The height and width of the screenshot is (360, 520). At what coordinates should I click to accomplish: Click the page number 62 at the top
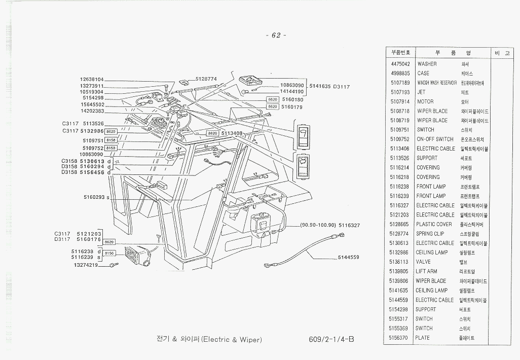click(x=276, y=35)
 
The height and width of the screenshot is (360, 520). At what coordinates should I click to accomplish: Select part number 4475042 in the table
click(x=400, y=64)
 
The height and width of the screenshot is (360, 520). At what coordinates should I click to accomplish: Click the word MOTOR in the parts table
click(x=425, y=102)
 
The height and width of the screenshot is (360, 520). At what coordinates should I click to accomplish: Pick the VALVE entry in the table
click(x=423, y=262)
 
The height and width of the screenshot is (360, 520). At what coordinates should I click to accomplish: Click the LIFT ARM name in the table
click(x=426, y=272)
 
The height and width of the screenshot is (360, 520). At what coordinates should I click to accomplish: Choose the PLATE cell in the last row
click(x=423, y=338)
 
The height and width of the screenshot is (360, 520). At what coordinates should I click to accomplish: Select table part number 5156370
click(x=400, y=338)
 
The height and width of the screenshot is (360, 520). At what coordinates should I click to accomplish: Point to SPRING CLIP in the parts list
click(x=430, y=234)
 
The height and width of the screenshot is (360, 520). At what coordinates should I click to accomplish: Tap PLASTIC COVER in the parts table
click(x=434, y=224)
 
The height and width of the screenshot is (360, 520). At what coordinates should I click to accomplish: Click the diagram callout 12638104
click(x=92, y=80)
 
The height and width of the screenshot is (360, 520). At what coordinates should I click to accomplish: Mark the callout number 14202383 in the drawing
click(x=92, y=111)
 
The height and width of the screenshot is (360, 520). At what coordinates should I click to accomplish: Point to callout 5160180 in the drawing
click(x=292, y=100)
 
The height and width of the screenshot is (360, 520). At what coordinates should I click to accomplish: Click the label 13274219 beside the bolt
click(x=86, y=265)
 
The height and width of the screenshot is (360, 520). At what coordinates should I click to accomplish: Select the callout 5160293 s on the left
click(x=96, y=197)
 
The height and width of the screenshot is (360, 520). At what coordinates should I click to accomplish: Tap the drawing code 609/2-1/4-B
click(x=330, y=339)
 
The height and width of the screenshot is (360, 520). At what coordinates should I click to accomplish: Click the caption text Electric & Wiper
click(x=232, y=339)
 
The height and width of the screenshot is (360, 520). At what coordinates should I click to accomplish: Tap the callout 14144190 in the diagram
click(x=291, y=91)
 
